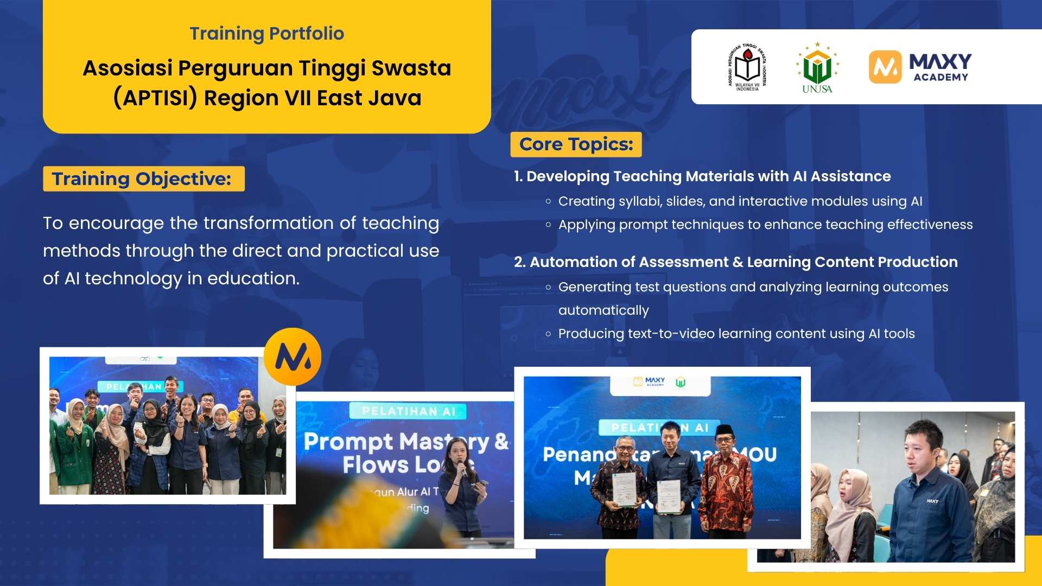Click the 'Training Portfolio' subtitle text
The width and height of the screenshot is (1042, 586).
(266, 34)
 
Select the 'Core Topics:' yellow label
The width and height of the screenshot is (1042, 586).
(576, 144)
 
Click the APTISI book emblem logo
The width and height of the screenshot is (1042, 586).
(747, 67)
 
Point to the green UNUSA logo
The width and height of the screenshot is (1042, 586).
(817, 68)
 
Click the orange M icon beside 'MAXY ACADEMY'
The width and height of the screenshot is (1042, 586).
(885, 67)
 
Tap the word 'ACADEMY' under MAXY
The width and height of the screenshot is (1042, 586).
(941, 78)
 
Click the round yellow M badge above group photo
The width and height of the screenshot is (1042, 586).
(293, 356)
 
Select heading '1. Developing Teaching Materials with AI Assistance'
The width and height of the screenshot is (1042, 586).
(702, 176)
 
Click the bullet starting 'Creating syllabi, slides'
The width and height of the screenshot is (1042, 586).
(740, 201)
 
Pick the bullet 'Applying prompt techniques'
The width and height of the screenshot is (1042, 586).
(765, 225)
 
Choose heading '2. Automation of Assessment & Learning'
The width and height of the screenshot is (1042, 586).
(735, 262)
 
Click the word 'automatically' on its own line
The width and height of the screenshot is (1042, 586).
(603, 310)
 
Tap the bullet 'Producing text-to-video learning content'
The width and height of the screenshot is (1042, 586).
(736, 334)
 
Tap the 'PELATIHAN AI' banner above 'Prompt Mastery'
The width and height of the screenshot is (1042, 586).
(409, 411)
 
